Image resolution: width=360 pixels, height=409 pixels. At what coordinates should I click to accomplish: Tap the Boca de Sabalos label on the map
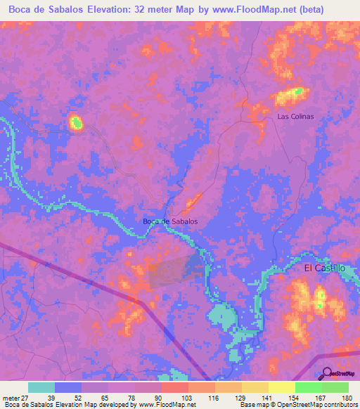click(x=170, y=221)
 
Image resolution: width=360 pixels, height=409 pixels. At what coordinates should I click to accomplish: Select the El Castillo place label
click(x=324, y=268)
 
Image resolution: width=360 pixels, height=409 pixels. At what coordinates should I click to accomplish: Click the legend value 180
click(x=347, y=398)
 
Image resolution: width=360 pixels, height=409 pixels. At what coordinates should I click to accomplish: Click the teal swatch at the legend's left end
click(x=41, y=387)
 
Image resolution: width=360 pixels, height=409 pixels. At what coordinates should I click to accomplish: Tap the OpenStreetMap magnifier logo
click(x=327, y=374)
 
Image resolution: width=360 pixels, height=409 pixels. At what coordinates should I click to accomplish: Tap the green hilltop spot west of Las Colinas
click(x=76, y=123)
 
